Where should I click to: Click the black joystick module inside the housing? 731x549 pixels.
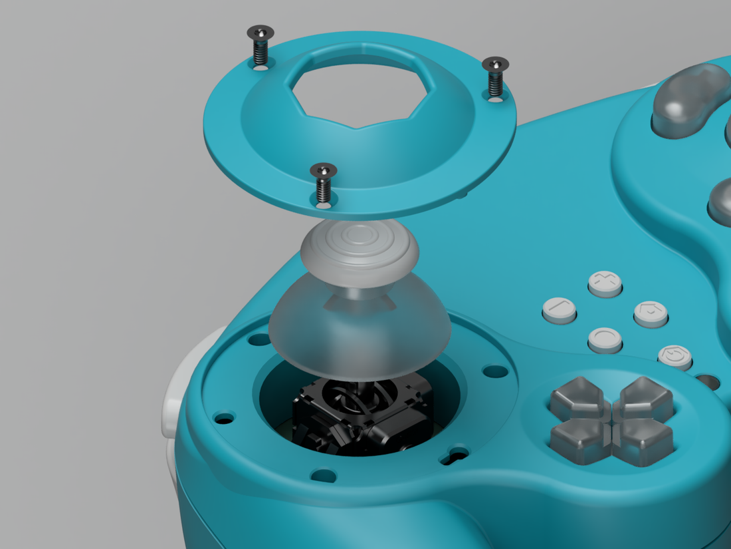[362, 416]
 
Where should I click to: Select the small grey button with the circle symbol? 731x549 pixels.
[605, 339]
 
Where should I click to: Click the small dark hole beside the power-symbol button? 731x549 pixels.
[707, 382]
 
